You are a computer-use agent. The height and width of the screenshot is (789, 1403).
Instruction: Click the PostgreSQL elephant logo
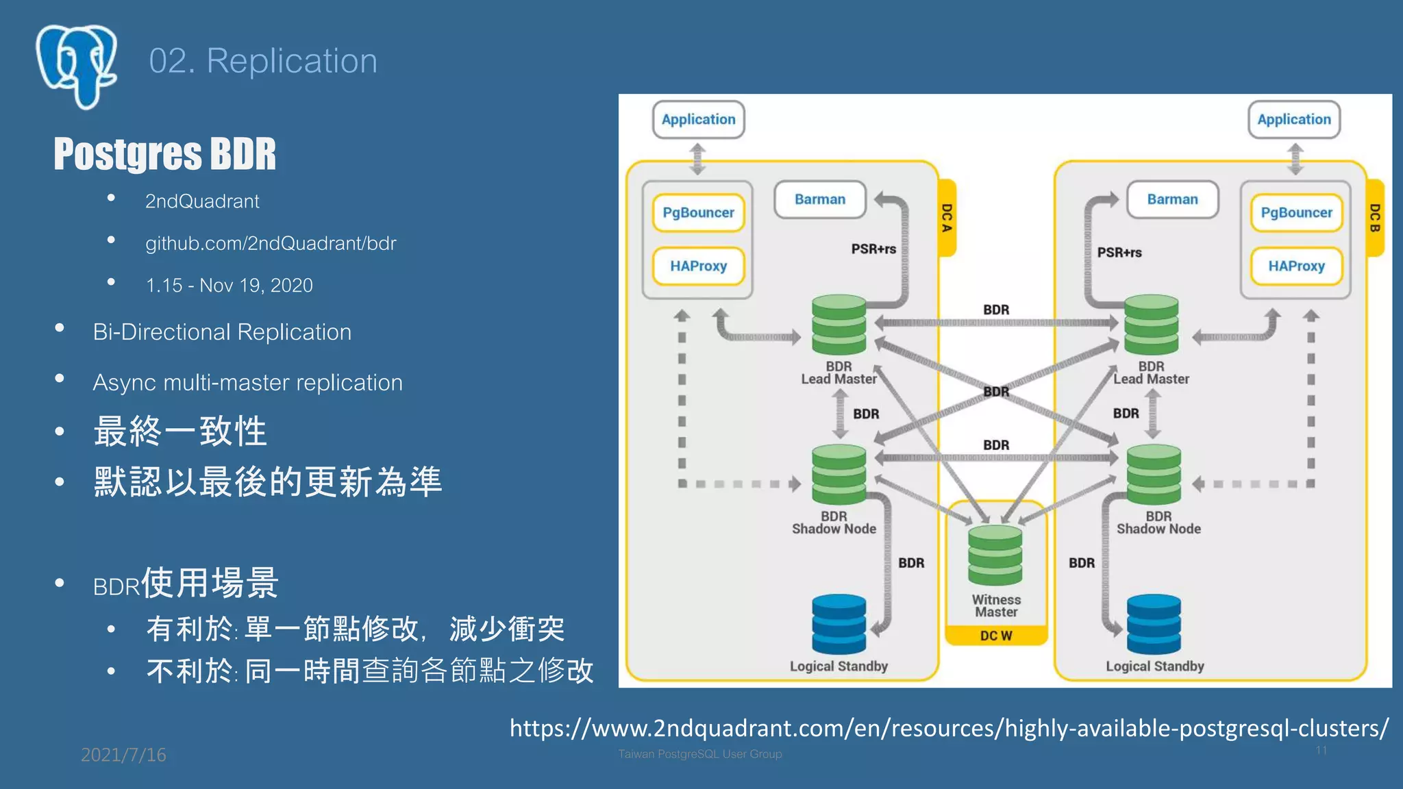click(x=77, y=66)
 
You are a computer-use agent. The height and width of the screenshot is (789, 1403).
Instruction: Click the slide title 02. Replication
click(x=263, y=61)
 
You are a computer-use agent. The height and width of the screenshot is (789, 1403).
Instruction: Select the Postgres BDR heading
click(x=164, y=153)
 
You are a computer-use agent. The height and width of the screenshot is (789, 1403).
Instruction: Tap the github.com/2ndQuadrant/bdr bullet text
click(x=271, y=243)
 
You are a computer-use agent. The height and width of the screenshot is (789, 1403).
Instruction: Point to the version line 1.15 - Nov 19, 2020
click(x=229, y=285)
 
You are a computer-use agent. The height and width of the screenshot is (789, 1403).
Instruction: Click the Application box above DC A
click(x=698, y=119)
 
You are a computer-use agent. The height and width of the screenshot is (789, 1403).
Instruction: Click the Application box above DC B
click(x=1293, y=119)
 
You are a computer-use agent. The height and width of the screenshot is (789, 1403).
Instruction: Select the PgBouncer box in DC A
click(x=698, y=212)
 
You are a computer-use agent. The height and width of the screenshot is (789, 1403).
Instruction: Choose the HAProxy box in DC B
click(x=1296, y=266)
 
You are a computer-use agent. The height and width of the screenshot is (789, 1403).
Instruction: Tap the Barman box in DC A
click(x=819, y=199)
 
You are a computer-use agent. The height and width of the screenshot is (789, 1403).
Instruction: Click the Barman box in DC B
click(x=1172, y=199)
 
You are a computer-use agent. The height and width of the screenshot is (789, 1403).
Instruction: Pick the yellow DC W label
click(x=995, y=636)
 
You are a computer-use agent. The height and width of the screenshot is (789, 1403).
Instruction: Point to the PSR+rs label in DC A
click(x=873, y=249)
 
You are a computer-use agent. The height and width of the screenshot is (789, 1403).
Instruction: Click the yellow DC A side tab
click(x=947, y=218)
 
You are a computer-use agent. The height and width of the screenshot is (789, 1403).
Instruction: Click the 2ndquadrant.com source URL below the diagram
click(x=949, y=727)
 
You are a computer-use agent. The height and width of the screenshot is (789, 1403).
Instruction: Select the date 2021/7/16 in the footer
click(x=123, y=755)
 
